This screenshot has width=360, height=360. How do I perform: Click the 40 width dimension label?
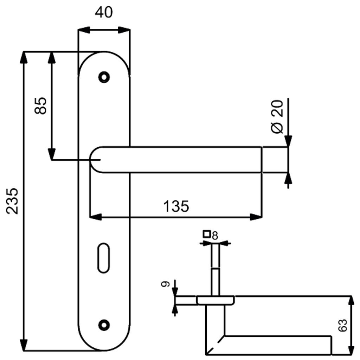pyautogui.click(x=104, y=12)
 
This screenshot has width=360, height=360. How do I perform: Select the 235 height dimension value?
pyautogui.click(x=12, y=201)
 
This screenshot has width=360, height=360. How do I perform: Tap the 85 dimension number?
pyautogui.click(x=40, y=106)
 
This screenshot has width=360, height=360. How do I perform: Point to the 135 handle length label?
pyautogui.click(x=176, y=206)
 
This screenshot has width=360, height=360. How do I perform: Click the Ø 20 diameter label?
pyautogui.click(x=277, y=117)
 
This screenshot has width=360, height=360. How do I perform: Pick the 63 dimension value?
pyautogui.click(x=343, y=325)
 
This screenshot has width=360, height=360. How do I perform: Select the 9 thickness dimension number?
pyautogui.click(x=166, y=284)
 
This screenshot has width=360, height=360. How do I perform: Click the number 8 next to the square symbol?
pyautogui.click(x=215, y=236)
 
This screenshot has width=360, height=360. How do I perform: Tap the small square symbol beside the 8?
pyautogui.click(x=207, y=234)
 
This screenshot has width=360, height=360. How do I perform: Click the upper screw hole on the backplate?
pyautogui.click(x=104, y=77)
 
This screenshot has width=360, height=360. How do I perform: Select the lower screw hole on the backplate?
pyautogui.click(x=104, y=325)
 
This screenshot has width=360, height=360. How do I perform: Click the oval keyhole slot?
pyautogui.click(x=104, y=258)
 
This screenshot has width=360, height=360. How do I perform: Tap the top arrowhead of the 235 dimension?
pyautogui.click(x=24, y=57)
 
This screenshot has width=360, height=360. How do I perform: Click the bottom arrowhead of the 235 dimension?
pyautogui.click(x=24, y=345)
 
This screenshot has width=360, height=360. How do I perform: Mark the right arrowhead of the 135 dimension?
pyautogui.click(x=256, y=217)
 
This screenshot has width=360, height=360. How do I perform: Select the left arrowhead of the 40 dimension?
pyautogui.click(x=84, y=30)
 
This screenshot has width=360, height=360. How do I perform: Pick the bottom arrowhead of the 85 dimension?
pyautogui.click(x=51, y=154)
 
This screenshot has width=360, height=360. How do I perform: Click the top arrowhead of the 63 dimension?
pyautogui.click(x=351, y=301)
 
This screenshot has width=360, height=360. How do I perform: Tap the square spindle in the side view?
pyautogui.click(x=216, y=270)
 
